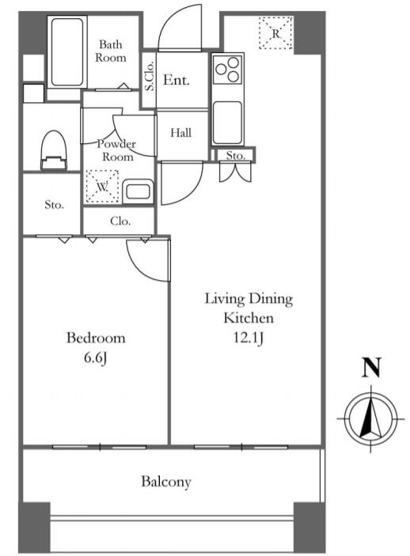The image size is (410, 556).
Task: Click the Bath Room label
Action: [x=110, y=51]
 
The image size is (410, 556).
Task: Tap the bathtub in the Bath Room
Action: [x=67, y=51]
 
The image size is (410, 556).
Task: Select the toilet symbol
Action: [x=54, y=150]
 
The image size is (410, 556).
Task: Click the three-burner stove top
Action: [x=227, y=69]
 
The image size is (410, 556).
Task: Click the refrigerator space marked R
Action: [x=275, y=33]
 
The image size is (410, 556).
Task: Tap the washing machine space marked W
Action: [x=102, y=187]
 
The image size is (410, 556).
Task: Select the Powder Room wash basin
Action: [x=138, y=191]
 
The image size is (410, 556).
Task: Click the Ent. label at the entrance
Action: [x=177, y=80]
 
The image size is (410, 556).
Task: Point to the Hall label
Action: [x=181, y=133]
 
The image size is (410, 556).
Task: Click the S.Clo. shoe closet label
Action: [x=150, y=76]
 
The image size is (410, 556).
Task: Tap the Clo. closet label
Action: [x=120, y=221]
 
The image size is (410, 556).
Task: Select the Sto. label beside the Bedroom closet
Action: [x=55, y=205]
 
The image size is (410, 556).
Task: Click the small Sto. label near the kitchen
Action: [x=236, y=156]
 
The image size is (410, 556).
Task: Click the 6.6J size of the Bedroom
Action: [x=96, y=358]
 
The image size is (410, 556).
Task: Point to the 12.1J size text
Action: [x=248, y=338]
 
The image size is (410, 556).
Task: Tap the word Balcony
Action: [x=166, y=482]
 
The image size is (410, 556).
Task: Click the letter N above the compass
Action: [x=371, y=368]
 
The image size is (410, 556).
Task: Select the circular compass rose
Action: [x=371, y=418]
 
